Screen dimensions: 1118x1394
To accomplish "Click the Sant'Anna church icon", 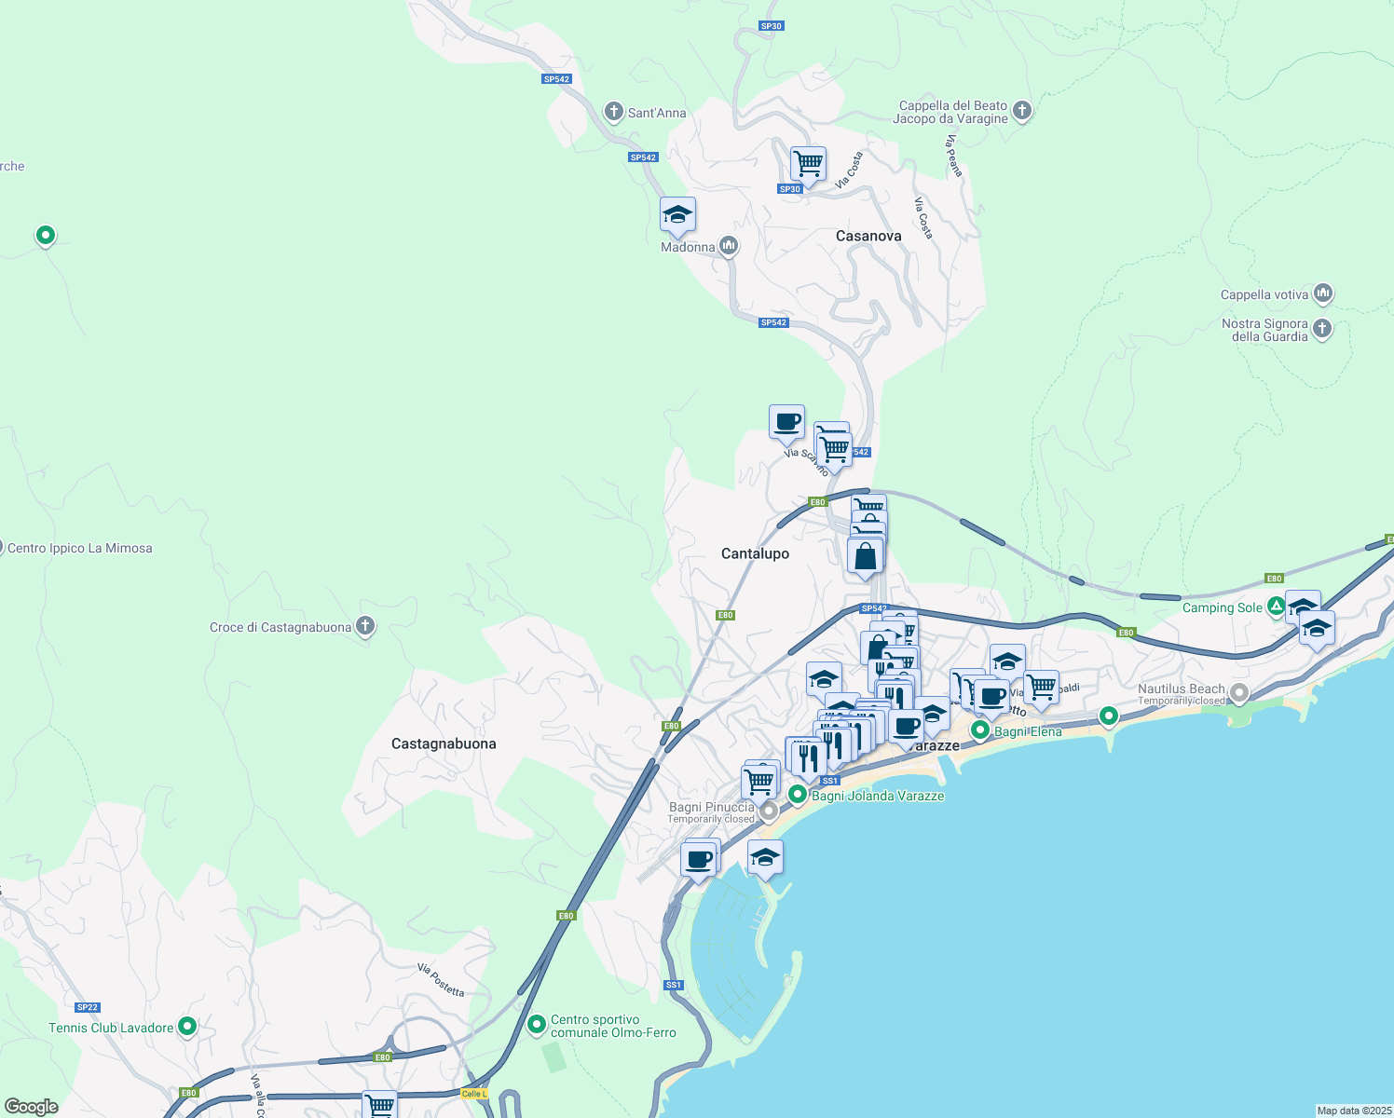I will tap(613, 113).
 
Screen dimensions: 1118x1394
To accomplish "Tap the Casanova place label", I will tap(868, 237).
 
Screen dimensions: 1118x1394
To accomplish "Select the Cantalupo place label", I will tap(755, 553).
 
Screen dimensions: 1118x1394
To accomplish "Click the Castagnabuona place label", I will tap(444, 743).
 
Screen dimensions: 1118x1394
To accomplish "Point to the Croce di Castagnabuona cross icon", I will tap(365, 626).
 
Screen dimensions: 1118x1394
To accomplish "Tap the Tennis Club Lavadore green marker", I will tap(187, 1027).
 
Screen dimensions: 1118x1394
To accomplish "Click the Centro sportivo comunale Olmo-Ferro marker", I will tap(537, 1025).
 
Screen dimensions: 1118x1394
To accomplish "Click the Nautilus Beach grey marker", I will tap(1239, 693).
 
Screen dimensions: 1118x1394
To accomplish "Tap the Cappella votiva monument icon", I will tap(1323, 294).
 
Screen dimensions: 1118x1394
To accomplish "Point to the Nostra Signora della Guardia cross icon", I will tap(1322, 329).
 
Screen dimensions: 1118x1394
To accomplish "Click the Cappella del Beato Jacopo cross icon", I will tap(1022, 111).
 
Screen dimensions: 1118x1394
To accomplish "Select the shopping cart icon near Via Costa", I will tap(808, 163).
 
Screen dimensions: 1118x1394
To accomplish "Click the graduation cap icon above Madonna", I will tap(677, 215).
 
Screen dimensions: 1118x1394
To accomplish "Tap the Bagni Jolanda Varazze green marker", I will tap(798, 795).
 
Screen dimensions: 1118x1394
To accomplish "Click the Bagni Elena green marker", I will tap(980, 730).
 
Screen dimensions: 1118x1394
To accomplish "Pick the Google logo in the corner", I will tap(32, 1106).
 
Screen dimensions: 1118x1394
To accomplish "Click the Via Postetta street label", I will tap(441, 980).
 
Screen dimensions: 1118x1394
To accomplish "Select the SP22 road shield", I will tap(88, 1007).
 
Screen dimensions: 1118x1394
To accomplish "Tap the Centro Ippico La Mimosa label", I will tap(79, 548).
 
